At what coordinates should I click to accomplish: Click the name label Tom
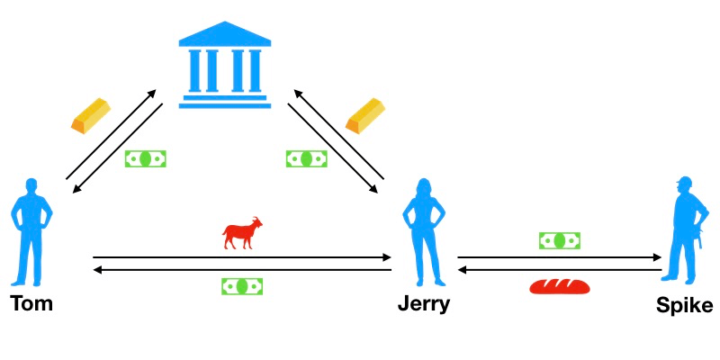coord(31,303)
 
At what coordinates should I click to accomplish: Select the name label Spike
coord(685,306)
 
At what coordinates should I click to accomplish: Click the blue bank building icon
coord(224,65)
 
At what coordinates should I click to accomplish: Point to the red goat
coord(242,232)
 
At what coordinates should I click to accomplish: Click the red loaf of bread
coord(559,287)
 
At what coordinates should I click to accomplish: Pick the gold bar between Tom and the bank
coord(91,116)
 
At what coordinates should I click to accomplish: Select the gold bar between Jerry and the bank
coord(365,116)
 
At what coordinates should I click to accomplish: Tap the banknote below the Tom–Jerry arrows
coord(242,286)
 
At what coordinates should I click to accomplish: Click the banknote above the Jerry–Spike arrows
coord(559,240)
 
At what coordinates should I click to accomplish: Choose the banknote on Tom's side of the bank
coord(146,159)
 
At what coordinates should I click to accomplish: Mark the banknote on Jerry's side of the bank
coord(307,159)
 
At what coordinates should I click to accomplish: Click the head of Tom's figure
coord(31,187)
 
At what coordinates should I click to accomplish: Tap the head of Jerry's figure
coord(423,187)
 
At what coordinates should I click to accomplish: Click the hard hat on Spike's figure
coord(685,181)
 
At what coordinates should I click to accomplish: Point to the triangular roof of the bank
coord(224,34)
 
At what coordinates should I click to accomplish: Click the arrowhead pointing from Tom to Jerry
coord(387,257)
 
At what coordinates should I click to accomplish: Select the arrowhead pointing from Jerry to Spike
coord(657,257)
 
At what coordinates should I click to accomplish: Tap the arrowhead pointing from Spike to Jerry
coord(463,270)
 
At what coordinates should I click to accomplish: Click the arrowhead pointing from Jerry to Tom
coord(97,270)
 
